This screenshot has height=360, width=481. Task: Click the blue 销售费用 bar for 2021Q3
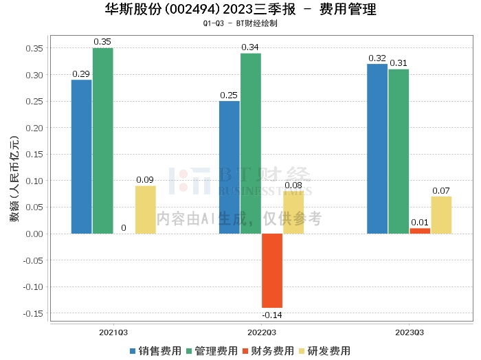point(81,157)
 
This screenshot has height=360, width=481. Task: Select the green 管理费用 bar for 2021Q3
point(103,141)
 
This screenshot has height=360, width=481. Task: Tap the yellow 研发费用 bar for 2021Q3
point(145,210)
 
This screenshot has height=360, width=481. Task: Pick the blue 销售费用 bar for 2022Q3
point(230,167)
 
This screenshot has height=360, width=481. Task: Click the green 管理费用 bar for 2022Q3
point(251,144)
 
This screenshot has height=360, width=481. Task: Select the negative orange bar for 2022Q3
point(272,271)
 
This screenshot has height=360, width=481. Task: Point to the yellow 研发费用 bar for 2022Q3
point(293,212)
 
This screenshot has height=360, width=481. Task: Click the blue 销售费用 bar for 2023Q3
point(377,148)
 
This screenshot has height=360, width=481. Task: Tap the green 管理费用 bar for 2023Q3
point(399,151)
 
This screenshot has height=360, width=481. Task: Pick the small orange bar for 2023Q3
point(420,231)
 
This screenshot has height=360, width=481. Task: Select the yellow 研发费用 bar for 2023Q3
point(441,215)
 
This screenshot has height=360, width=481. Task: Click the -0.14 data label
point(272,315)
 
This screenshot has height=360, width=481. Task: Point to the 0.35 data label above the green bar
point(103,42)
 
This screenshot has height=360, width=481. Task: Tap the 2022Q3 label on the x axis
point(261,332)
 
